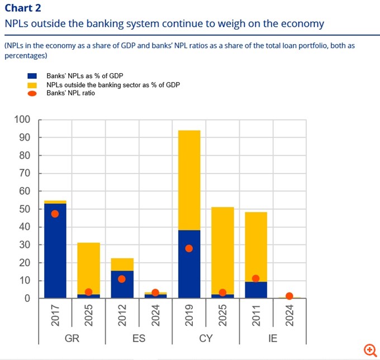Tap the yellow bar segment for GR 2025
tap(88, 268)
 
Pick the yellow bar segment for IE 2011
tap(256, 246)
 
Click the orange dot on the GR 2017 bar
tap(55, 214)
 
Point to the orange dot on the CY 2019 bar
tap(189, 248)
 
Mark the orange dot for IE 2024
tap(289, 296)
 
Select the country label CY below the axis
tap(206, 339)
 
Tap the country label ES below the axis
tap(139, 339)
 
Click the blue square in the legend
tap(32, 75)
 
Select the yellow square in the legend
tap(32, 85)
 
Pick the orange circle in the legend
tap(32, 93)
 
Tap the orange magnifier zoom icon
tap(370, 350)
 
